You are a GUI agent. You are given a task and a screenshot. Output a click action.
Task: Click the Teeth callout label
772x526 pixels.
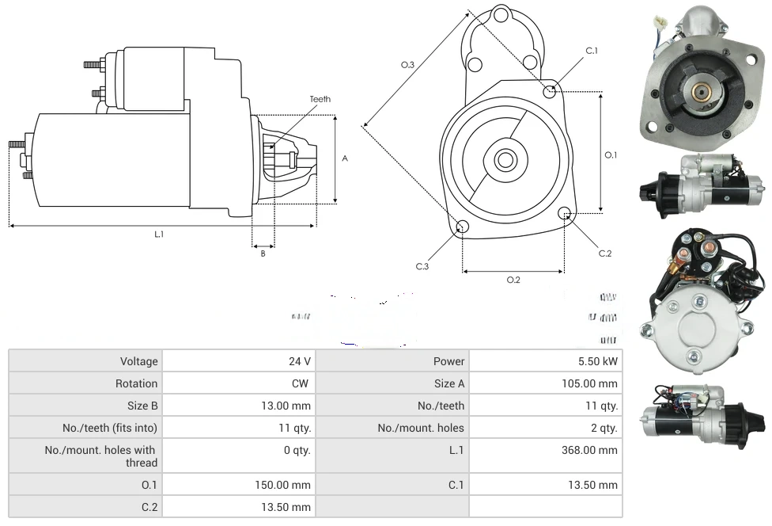320,99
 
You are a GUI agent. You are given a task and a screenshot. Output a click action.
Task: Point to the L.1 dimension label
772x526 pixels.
158,234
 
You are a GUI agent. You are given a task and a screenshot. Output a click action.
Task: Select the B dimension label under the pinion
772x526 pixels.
263,253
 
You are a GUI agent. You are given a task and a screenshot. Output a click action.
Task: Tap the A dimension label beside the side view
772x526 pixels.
344,158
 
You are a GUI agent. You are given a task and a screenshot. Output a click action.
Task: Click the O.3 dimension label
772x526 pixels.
408,65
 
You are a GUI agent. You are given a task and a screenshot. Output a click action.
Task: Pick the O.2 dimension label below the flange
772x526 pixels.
513,279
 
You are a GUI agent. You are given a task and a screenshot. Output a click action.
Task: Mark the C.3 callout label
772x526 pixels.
422,266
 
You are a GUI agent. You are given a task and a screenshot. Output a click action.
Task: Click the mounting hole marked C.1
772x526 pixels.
550,92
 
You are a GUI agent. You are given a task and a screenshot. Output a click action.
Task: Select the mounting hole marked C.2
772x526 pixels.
565,213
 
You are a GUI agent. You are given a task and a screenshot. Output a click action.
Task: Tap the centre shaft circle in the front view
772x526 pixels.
504,160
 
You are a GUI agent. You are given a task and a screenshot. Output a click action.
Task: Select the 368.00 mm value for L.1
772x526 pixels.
588,450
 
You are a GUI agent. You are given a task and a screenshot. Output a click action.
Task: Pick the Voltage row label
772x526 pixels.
139,361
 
